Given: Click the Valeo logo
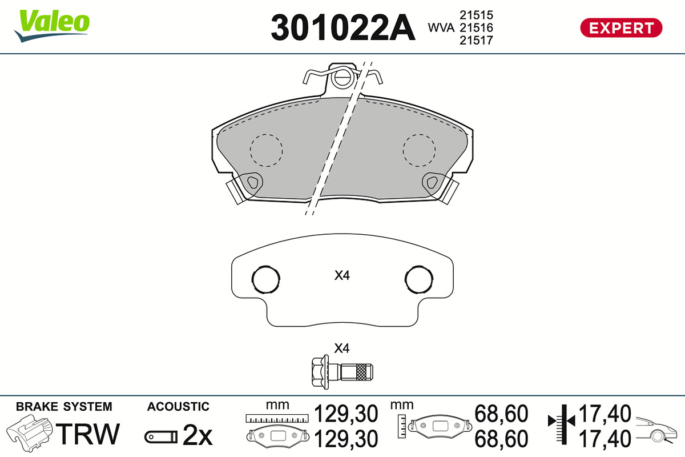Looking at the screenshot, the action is click(52, 26).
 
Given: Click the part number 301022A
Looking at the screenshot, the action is click(343, 27).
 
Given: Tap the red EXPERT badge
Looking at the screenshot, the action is click(621, 28).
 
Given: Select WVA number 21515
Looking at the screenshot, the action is click(476, 15).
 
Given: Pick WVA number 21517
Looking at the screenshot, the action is click(476, 41).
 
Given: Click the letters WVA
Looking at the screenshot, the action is click(441, 28).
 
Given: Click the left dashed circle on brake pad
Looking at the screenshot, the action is click(266, 150).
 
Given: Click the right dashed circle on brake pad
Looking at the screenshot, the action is click(419, 150).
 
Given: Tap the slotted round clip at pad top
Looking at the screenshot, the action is click(342, 77).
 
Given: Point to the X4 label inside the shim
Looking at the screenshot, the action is click(342, 275).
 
